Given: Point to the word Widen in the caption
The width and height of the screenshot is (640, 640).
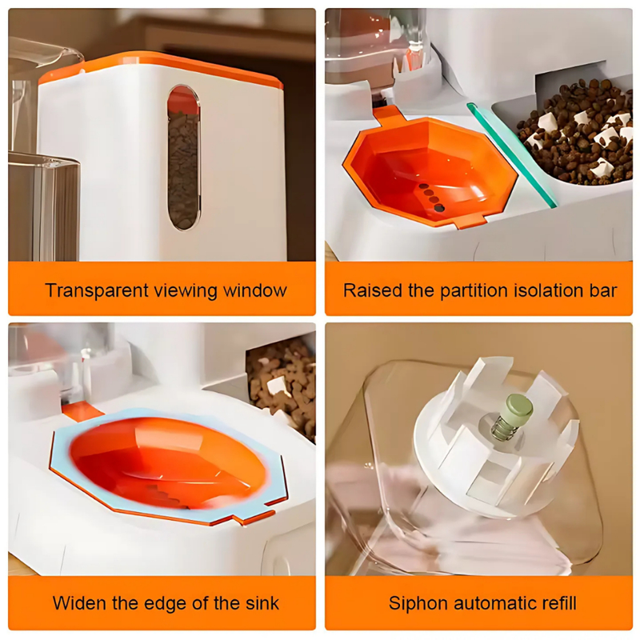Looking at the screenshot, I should (77, 602).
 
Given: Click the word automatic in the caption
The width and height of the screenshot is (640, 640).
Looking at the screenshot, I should (486, 602).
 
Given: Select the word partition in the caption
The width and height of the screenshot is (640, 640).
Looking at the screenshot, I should (468, 290).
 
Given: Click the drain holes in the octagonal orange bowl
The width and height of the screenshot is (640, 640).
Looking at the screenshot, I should (430, 196).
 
